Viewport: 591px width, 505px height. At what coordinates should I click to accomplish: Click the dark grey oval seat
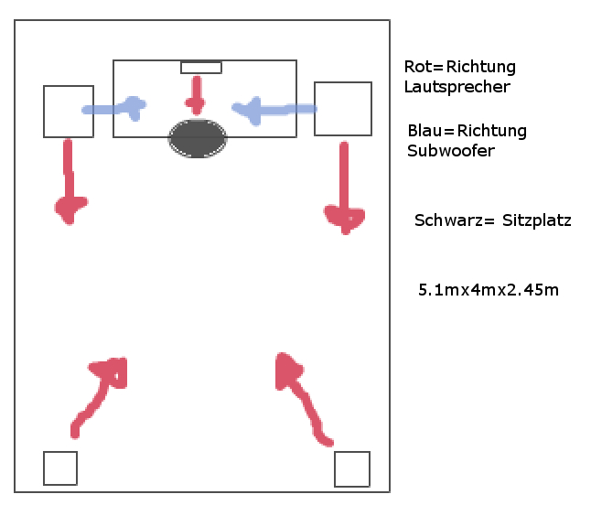pos(198,138)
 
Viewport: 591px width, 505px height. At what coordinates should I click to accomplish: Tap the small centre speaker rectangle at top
pos(201,67)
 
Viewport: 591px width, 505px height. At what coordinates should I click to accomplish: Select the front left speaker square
pos(69,112)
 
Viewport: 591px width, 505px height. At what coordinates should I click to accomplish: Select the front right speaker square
pos(343,109)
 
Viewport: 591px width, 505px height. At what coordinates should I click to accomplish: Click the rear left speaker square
pos(60,468)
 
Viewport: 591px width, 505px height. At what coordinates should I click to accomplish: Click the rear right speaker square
pos(352,469)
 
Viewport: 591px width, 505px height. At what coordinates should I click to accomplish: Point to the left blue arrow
pos(114,109)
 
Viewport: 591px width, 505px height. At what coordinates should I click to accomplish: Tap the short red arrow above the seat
pos(195,94)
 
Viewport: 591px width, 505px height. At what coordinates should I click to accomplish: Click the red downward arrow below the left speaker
pos(68,183)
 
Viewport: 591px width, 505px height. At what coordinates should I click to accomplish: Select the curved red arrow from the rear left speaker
pos(98,393)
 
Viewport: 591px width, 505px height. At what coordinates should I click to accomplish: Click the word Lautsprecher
pos(457,87)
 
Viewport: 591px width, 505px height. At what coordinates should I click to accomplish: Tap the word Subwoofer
pos(451,150)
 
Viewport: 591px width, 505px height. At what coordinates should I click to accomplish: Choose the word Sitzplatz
pos(537,220)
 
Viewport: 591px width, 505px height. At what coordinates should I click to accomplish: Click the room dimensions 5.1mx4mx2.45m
pos(488,290)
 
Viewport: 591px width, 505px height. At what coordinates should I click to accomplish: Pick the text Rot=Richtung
pos(459,67)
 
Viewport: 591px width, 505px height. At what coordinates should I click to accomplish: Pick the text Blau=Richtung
pos(467,131)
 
